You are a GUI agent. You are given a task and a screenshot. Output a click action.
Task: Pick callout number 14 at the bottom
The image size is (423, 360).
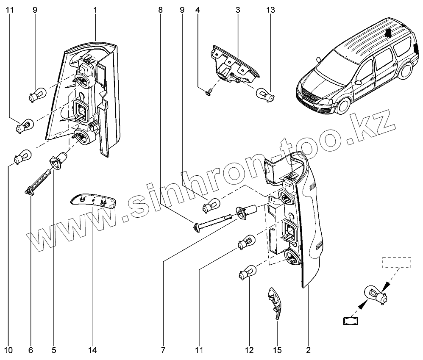[x=92, y=350]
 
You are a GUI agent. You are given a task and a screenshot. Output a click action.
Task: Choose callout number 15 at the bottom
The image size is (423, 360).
[x=278, y=350]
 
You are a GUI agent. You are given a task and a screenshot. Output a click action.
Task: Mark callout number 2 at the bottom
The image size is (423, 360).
[x=309, y=350]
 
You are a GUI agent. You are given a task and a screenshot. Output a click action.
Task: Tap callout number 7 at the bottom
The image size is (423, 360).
[x=163, y=350]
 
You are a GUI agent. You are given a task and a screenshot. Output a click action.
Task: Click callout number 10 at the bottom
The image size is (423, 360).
[x=9, y=350]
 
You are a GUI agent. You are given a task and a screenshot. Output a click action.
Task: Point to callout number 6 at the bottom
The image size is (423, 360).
[x=31, y=350]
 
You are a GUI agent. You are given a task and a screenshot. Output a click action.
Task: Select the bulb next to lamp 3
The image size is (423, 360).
[x=266, y=94]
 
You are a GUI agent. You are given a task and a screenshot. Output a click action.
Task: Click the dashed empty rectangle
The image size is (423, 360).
[x=397, y=262]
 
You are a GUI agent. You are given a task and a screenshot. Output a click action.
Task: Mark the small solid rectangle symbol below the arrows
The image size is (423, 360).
[x=350, y=321]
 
